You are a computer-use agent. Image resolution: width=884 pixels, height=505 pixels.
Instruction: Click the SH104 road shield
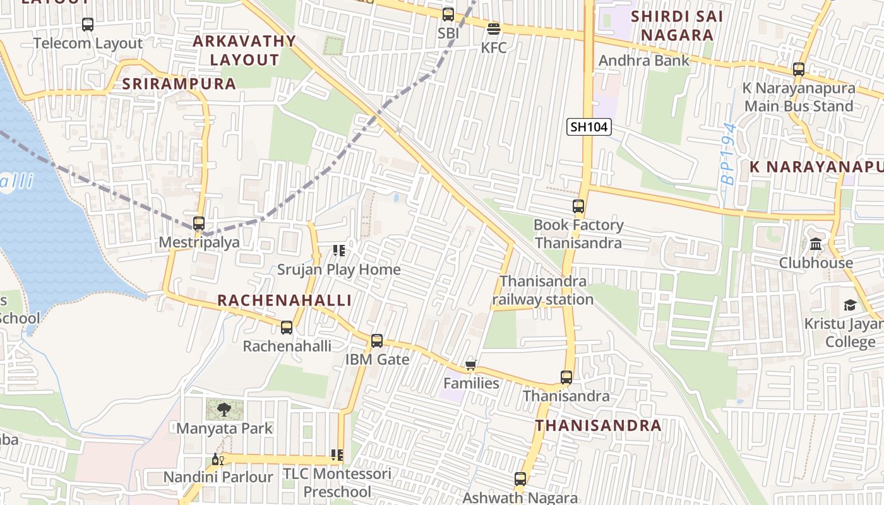point(588,127)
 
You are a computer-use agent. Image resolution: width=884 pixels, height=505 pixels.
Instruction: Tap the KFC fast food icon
point(494,29)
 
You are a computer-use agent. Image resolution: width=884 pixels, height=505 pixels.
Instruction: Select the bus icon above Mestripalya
point(199,223)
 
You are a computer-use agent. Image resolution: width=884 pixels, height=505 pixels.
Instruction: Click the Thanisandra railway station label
point(543,290)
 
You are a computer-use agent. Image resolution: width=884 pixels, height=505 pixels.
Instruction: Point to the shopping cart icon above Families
point(470,365)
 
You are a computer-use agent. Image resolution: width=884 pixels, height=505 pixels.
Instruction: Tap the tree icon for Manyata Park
point(224,410)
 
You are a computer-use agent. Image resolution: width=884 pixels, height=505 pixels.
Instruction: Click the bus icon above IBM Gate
point(377,341)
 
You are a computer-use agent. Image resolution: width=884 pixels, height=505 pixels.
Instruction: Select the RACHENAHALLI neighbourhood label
point(284,300)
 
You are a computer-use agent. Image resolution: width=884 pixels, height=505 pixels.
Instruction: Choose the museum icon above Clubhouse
point(816,244)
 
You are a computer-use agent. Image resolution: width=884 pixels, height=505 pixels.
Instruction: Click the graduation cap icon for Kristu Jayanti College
point(850,306)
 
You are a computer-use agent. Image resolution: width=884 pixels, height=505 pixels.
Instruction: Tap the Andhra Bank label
point(644,61)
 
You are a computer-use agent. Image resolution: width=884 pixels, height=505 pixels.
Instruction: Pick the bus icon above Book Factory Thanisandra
point(578,206)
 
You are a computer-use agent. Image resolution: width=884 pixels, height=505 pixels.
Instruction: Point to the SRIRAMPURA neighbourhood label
point(179,84)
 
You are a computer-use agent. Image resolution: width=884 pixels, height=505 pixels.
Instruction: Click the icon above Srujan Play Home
point(339,251)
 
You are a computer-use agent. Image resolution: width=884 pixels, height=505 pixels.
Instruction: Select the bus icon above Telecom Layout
point(88,25)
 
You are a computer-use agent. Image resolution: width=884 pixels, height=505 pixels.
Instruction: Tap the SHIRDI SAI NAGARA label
point(676,25)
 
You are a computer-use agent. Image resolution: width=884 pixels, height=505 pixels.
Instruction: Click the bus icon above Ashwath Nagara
point(520,479)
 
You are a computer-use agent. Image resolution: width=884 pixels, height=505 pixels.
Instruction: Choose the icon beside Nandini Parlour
point(218,460)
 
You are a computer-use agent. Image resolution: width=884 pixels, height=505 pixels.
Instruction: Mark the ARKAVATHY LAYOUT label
point(244,50)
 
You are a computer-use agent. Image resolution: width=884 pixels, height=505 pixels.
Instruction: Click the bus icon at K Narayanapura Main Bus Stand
point(799,69)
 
